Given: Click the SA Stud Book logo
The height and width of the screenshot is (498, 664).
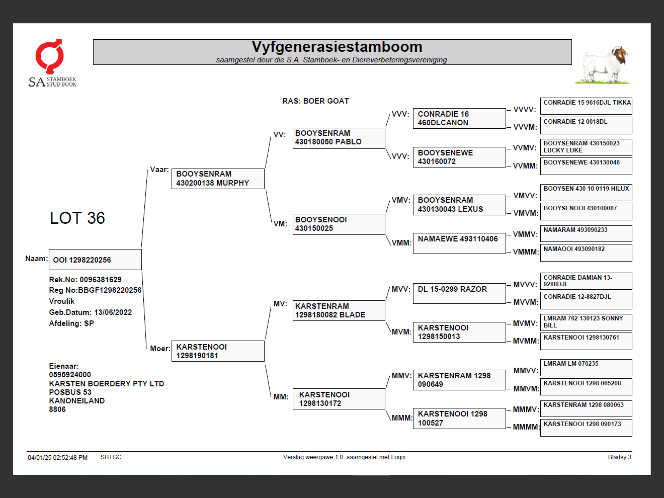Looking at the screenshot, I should pyautogui.click(x=52, y=63).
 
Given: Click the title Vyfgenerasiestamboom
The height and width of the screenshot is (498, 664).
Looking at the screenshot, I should pyautogui.click(x=337, y=47).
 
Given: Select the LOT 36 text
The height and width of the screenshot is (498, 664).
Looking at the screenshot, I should pyautogui.click(x=77, y=218).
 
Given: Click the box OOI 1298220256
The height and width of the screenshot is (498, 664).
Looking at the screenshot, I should pyautogui.click(x=95, y=260).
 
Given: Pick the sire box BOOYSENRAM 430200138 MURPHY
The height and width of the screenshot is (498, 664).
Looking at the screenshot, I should pyautogui.click(x=218, y=179).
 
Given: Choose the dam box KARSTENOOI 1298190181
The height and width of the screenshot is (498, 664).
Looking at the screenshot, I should pyautogui.click(x=218, y=351).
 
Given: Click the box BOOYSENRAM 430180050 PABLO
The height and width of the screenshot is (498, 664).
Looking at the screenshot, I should pyautogui.click(x=339, y=138).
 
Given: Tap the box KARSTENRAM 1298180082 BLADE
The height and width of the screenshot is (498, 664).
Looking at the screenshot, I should pyautogui.click(x=339, y=310).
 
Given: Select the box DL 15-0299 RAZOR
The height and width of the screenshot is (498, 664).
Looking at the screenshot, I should pyautogui.click(x=458, y=293).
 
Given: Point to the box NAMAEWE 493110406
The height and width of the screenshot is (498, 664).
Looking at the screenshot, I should pyautogui.click(x=458, y=243).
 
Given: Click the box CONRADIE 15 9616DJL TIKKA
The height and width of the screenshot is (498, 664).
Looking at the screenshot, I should pyautogui.click(x=586, y=106).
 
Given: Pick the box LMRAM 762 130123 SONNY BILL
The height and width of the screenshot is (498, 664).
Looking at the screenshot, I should pyautogui.click(x=586, y=322).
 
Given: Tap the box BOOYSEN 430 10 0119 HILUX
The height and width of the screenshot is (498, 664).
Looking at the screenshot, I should pyautogui.click(x=586, y=192).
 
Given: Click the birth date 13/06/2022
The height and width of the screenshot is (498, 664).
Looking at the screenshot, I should pyautogui.click(x=113, y=312).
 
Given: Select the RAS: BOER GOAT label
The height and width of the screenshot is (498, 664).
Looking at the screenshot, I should pyautogui.click(x=315, y=101).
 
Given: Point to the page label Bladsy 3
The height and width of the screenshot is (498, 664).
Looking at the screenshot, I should pyautogui.click(x=619, y=457).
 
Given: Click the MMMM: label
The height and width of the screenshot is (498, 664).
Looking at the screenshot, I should pyautogui.click(x=526, y=427).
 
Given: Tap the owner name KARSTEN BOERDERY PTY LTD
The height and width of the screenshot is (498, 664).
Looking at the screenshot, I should pyautogui.click(x=107, y=384).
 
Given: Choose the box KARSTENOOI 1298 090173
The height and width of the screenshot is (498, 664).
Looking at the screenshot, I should pyautogui.click(x=586, y=428).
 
